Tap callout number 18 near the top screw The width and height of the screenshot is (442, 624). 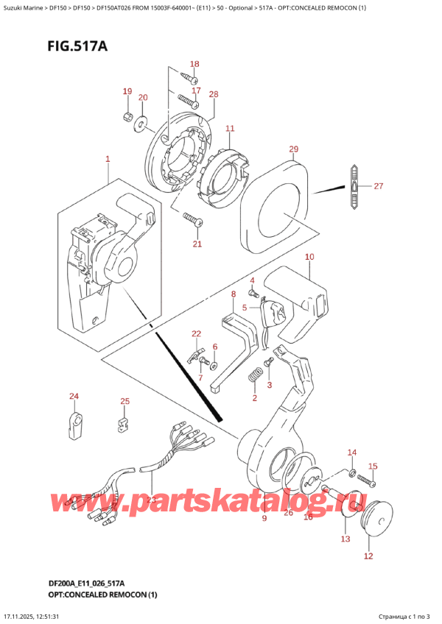pos(195,64)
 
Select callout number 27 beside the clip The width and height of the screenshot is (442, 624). pos(378,186)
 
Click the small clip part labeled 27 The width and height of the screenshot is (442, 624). pos(354,187)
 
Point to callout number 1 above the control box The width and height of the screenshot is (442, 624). pos(108,159)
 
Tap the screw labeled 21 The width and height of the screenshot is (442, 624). pos(194,219)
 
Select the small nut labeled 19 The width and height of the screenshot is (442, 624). pos(127,118)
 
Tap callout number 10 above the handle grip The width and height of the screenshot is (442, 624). pos(309,257)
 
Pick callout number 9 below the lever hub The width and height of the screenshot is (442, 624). pos(264,519)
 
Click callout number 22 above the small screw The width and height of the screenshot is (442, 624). pos(196,333)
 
